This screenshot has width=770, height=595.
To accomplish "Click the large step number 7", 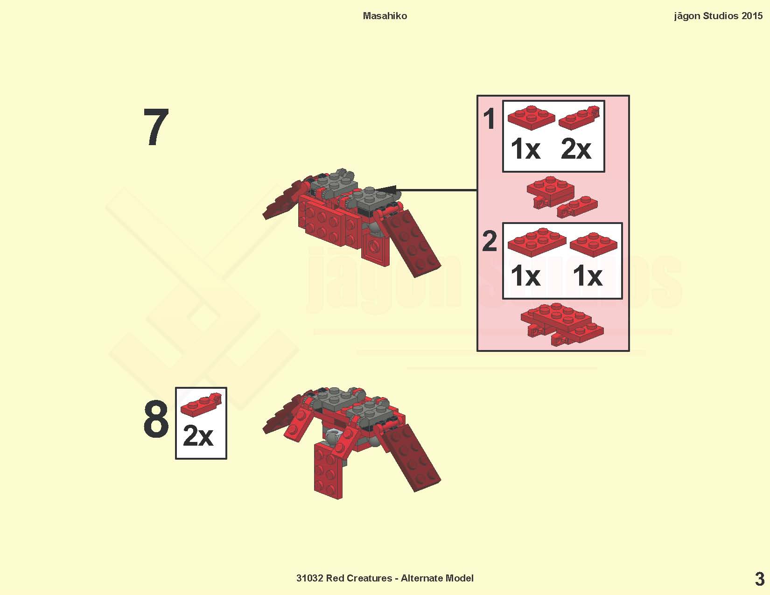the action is point(156,127).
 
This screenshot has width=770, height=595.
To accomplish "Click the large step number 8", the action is point(156,419).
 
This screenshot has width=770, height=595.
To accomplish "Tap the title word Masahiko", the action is point(385,16).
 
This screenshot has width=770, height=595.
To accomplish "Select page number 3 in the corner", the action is point(759,579).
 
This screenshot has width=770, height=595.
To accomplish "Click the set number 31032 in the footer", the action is point(310,578).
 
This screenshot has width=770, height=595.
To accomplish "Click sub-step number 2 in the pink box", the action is point(490,241).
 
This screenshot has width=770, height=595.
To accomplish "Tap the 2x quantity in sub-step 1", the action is point(576,149).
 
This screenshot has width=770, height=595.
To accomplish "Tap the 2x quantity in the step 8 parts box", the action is point(198,436).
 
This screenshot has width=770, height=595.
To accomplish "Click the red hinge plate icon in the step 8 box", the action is point(201,405).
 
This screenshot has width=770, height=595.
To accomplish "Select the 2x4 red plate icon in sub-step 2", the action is point(537,242).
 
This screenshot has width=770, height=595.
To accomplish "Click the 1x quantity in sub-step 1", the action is point(525,149).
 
